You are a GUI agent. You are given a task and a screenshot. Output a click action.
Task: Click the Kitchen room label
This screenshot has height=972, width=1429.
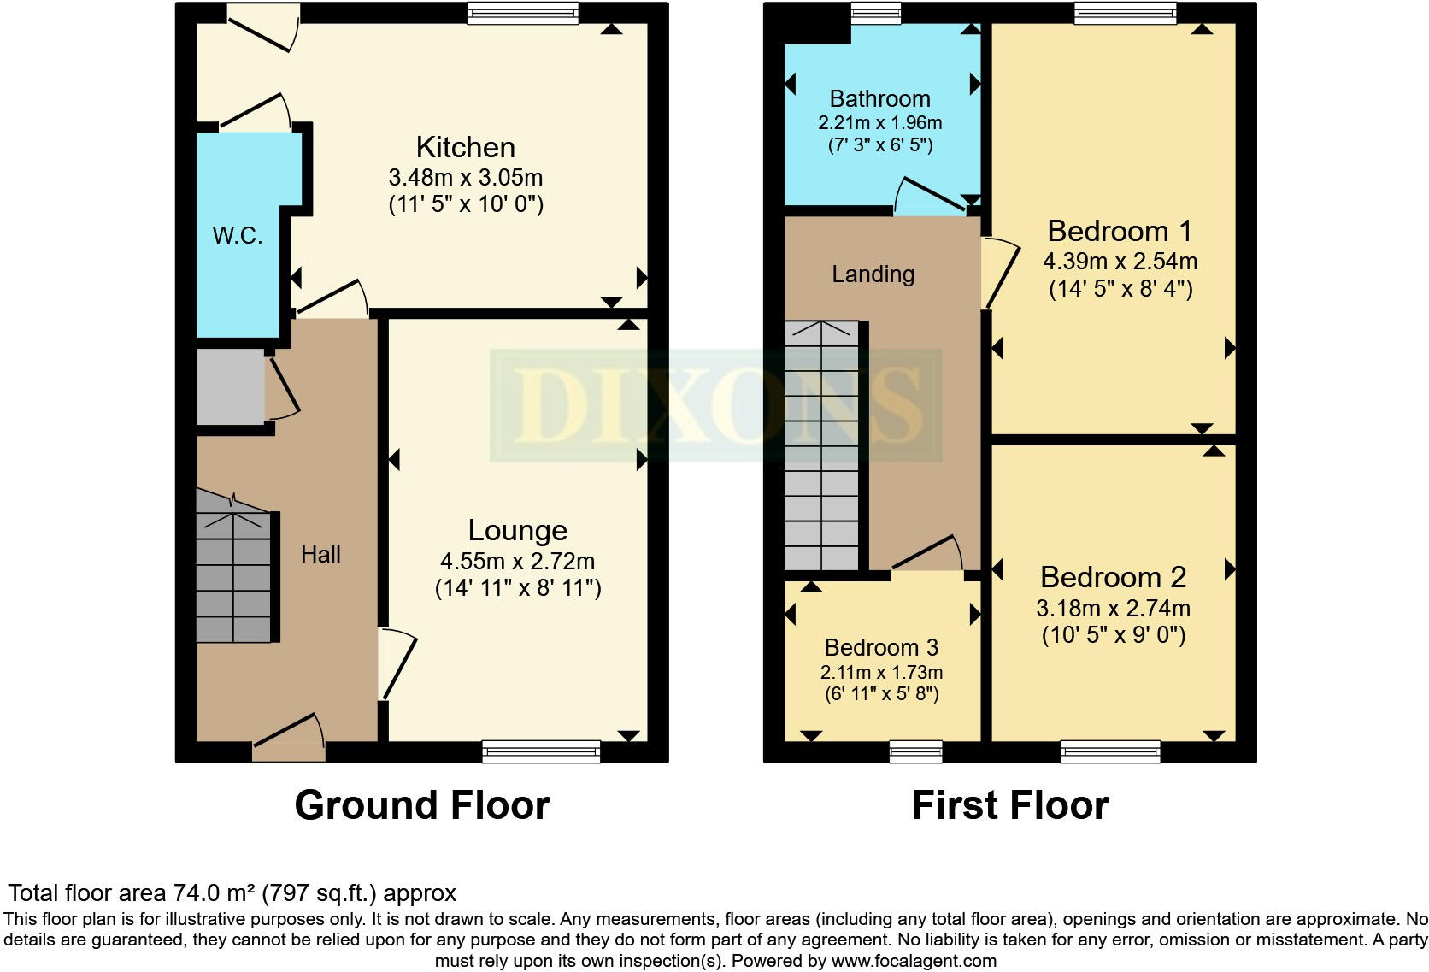point(465,147)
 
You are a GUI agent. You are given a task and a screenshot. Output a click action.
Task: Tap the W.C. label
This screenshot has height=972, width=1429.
point(237,235)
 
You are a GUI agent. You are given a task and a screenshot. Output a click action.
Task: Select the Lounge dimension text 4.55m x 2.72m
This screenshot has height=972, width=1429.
point(517,562)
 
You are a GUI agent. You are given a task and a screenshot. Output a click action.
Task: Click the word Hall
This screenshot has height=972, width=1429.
point(320,555)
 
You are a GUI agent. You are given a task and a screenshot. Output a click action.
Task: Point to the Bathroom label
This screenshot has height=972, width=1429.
point(879,98)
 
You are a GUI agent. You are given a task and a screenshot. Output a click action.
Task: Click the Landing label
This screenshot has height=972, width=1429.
point(873,274)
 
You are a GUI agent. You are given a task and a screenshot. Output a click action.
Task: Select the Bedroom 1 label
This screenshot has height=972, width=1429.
point(1120,231)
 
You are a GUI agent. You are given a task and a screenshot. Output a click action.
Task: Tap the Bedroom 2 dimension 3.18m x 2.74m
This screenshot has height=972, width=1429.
point(1113,608)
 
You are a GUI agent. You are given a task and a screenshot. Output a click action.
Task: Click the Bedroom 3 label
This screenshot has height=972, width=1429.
point(881,647)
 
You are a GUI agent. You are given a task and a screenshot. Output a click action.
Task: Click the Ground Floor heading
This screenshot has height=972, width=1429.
point(421,805)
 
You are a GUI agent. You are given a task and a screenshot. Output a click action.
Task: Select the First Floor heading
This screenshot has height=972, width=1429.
point(1009,805)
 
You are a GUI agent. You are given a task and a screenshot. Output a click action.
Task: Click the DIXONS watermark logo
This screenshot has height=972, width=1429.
point(715,406)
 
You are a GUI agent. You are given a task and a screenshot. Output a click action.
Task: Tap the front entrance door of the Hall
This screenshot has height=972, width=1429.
point(289,748)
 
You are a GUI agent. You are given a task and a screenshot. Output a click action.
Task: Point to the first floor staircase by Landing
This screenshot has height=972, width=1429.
point(821,445)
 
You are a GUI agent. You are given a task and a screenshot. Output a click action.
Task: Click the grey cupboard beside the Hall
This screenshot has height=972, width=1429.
point(230,386)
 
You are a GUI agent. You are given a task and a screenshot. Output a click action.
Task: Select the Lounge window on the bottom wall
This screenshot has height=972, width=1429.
point(541,751)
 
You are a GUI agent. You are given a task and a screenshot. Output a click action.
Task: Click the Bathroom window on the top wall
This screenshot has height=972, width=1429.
point(876,12)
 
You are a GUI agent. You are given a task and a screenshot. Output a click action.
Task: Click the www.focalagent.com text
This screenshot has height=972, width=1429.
point(914,961)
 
